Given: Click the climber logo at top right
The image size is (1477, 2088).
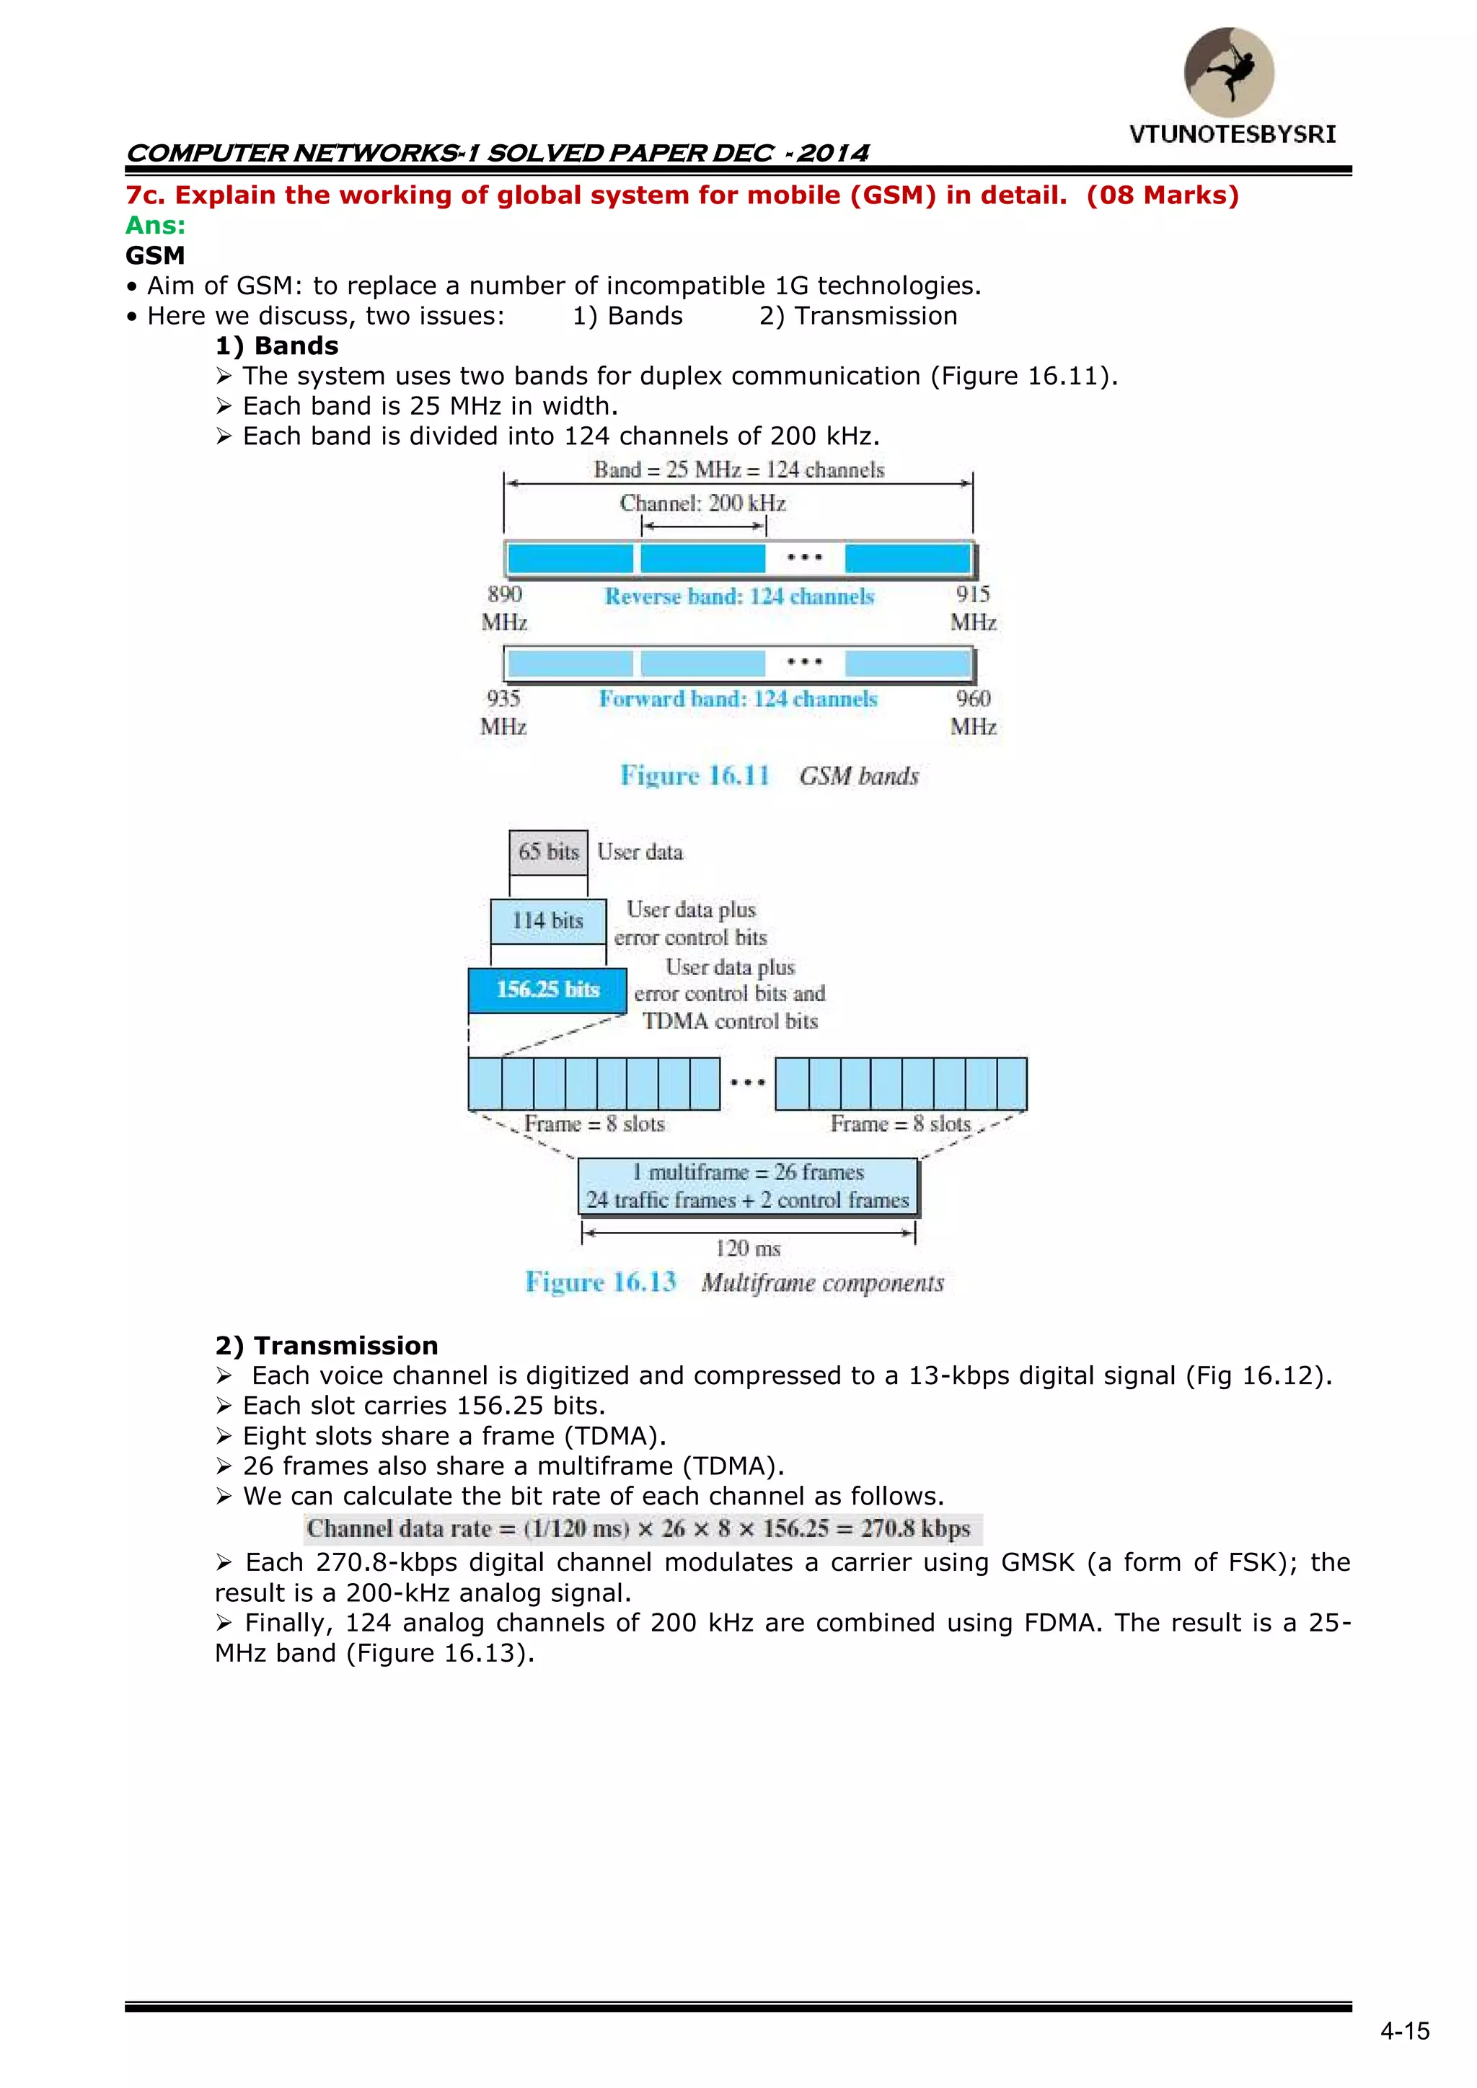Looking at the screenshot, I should (x=1229, y=72).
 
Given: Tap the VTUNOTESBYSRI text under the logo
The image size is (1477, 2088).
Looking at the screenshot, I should (x=1233, y=135).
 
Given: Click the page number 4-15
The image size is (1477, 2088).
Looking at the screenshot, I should (x=1404, y=2031).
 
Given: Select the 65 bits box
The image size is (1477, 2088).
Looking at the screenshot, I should (x=548, y=852).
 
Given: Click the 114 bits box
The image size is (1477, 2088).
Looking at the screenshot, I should (x=547, y=920).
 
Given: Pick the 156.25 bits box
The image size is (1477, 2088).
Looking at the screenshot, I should (x=547, y=990).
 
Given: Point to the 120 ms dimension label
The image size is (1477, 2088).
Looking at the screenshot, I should (x=748, y=1248).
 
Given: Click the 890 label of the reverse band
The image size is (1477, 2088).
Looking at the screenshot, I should (x=505, y=595).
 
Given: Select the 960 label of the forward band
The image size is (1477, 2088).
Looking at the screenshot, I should (x=973, y=698).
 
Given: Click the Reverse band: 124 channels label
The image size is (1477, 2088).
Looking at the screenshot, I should (x=738, y=596).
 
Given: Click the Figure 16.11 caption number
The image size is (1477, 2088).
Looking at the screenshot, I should (x=695, y=776).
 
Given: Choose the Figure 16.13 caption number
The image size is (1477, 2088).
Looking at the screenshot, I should (x=601, y=1282).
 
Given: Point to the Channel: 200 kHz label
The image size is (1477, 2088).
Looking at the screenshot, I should (x=702, y=503).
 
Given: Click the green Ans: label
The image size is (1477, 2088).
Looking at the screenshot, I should (x=156, y=226).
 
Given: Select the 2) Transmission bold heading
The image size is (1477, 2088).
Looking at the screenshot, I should (x=327, y=1345).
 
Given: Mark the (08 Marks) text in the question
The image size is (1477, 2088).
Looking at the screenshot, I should (x=1163, y=195).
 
